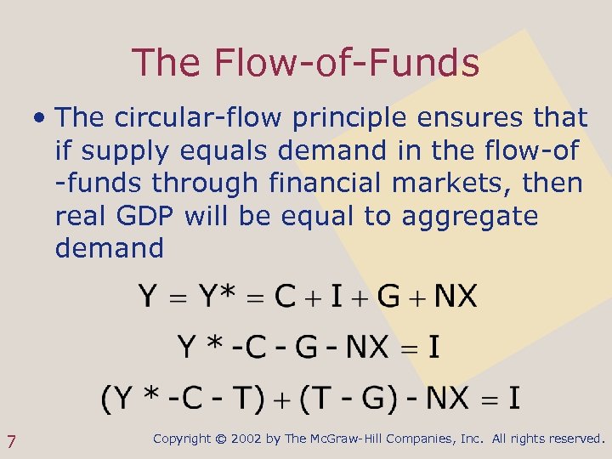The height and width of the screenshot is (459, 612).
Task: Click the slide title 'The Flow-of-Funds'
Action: [306, 62]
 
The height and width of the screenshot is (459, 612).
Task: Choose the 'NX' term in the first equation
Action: [455, 297]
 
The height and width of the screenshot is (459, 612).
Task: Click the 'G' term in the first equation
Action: [388, 297]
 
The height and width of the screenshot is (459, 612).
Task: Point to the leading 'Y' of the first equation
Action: [148, 297]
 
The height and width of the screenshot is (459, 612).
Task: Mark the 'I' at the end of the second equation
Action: [433, 347]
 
